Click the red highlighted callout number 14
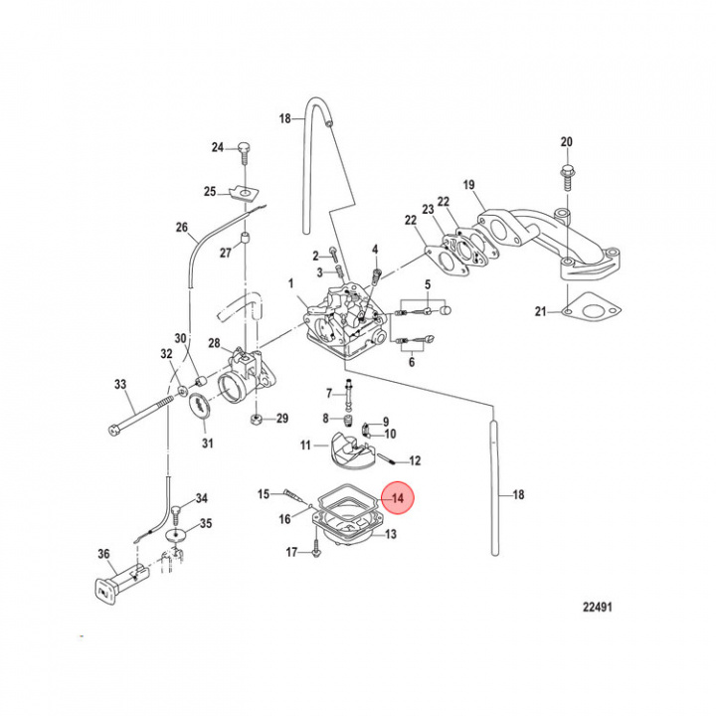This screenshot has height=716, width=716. (x=398, y=498)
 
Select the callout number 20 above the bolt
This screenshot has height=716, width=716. (x=567, y=141)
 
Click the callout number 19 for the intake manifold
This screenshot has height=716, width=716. (x=469, y=185)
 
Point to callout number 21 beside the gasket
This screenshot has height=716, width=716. (x=541, y=312)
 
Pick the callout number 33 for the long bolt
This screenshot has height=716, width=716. (x=120, y=385)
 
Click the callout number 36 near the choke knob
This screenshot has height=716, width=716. (x=103, y=555)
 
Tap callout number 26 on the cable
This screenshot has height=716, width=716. (x=182, y=228)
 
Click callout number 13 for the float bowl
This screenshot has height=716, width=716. (x=390, y=535)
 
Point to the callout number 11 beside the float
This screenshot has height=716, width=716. (x=308, y=445)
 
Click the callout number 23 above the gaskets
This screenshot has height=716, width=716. (x=429, y=210)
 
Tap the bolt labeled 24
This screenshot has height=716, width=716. (x=243, y=149)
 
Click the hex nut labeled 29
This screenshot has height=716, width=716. (x=256, y=419)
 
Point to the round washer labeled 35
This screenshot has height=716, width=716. (x=175, y=535)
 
